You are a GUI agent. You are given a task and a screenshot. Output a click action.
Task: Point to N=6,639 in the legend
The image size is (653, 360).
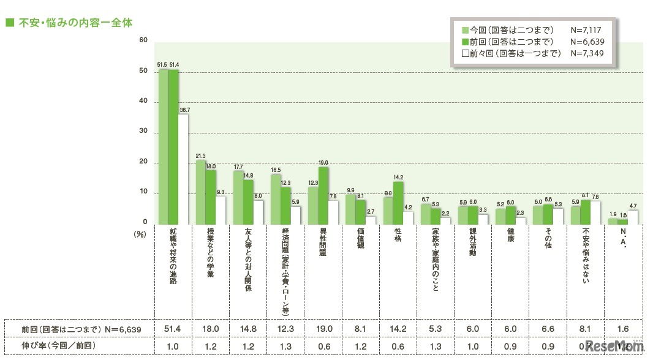coord(587,42)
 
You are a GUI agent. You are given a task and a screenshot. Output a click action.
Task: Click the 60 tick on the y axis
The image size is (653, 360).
coord(143,41)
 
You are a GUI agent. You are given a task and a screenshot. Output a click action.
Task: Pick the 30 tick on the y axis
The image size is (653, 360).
coord(143,132)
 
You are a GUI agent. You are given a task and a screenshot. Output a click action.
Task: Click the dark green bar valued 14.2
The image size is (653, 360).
coord(398,203)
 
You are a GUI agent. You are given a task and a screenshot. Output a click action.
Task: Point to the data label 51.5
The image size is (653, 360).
coord(162,64)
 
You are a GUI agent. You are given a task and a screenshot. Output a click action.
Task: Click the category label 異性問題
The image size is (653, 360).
coord(323,245)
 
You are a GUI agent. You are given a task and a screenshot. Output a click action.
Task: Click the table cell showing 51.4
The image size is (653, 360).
coord(173,329)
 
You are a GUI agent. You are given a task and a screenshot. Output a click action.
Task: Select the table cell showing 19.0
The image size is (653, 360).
coord(323,329)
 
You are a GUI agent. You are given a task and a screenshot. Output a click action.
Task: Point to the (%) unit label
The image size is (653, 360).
coord(140,233)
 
